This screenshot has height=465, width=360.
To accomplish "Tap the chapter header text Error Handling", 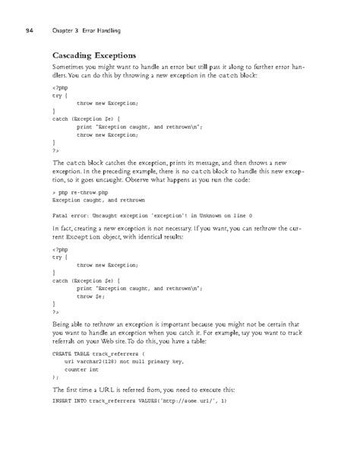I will point(100,30).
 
